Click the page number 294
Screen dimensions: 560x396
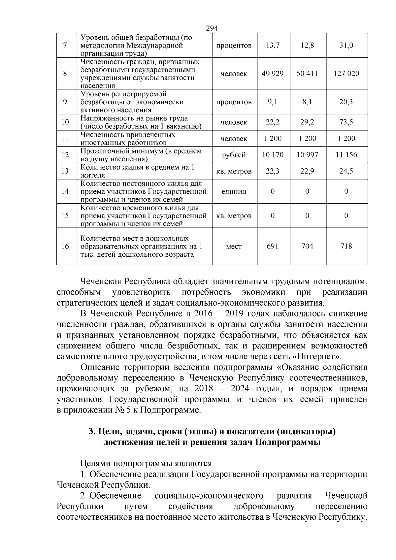(212, 29)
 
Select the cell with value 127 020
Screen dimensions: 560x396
(346, 74)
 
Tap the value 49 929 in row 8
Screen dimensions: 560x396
(273, 74)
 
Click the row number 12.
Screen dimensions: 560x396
(66, 155)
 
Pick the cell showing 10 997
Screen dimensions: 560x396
(307, 155)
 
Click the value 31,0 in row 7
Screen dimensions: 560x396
(346, 46)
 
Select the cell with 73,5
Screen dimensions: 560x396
(346, 122)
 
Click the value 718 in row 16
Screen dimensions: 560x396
(346, 246)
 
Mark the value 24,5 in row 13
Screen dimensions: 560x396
(346, 171)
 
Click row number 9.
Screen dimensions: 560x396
(66, 102)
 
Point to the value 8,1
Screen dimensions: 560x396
(307, 102)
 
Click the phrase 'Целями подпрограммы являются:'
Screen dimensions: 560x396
(147, 464)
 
